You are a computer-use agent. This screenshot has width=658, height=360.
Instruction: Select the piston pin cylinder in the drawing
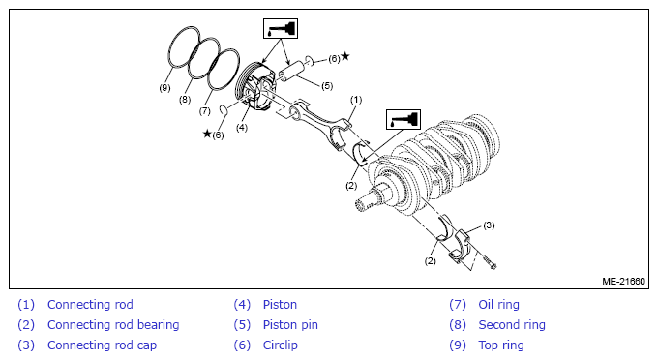(293, 71)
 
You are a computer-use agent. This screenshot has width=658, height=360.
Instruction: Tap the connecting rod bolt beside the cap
(490, 262)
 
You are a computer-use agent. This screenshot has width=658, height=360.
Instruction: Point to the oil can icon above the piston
(281, 28)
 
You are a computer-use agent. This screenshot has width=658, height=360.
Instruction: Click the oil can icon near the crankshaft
(404, 120)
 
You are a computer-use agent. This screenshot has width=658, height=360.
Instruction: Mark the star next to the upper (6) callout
(344, 56)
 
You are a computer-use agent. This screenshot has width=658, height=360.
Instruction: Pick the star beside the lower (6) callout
(207, 134)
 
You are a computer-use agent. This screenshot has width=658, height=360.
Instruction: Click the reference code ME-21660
(623, 281)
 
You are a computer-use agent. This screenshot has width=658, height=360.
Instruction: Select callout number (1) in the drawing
(356, 100)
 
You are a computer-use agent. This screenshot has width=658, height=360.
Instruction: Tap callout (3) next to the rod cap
(489, 225)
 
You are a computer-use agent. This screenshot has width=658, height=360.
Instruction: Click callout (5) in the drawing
(327, 86)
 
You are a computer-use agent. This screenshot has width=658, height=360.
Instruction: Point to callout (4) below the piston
(242, 128)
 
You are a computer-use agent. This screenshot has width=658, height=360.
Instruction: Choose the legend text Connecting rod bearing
(113, 325)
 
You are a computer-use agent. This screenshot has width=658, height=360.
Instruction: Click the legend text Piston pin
(290, 325)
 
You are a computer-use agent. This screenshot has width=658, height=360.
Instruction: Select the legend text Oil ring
(499, 304)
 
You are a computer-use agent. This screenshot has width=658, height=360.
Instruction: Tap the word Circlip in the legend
(281, 345)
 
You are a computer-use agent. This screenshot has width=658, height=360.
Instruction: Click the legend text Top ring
(501, 345)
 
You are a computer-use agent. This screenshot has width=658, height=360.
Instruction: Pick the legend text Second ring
(512, 325)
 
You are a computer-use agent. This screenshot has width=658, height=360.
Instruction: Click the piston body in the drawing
(255, 87)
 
